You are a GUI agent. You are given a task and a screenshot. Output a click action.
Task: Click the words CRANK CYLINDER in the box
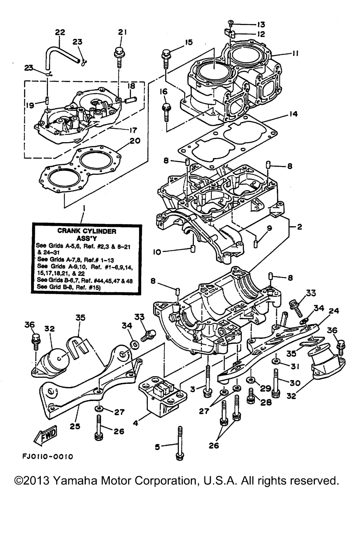click(x=87, y=231)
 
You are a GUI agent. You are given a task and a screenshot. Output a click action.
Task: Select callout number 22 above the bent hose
click(x=60, y=32)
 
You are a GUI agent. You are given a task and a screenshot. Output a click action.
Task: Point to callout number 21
click(x=122, y=32)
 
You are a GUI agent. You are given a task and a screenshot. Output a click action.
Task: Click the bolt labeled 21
click(x=118, y=57)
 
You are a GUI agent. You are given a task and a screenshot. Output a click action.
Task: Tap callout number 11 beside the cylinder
click(x=295, y=54)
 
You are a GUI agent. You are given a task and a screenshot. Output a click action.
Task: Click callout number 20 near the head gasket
click(x=135, y=141)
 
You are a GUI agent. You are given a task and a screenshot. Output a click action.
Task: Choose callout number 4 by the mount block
click(x=135, y=424)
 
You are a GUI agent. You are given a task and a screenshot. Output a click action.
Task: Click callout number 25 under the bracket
click(x=75, y=426)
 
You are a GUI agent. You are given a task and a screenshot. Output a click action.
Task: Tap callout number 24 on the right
click(x=334, y=311)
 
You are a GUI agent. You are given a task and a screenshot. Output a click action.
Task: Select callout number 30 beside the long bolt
click(x=295, y=383)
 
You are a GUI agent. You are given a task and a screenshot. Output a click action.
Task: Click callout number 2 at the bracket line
click(x=299, y=227)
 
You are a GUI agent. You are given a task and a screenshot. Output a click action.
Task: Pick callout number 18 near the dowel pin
click(x=131, y=86)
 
